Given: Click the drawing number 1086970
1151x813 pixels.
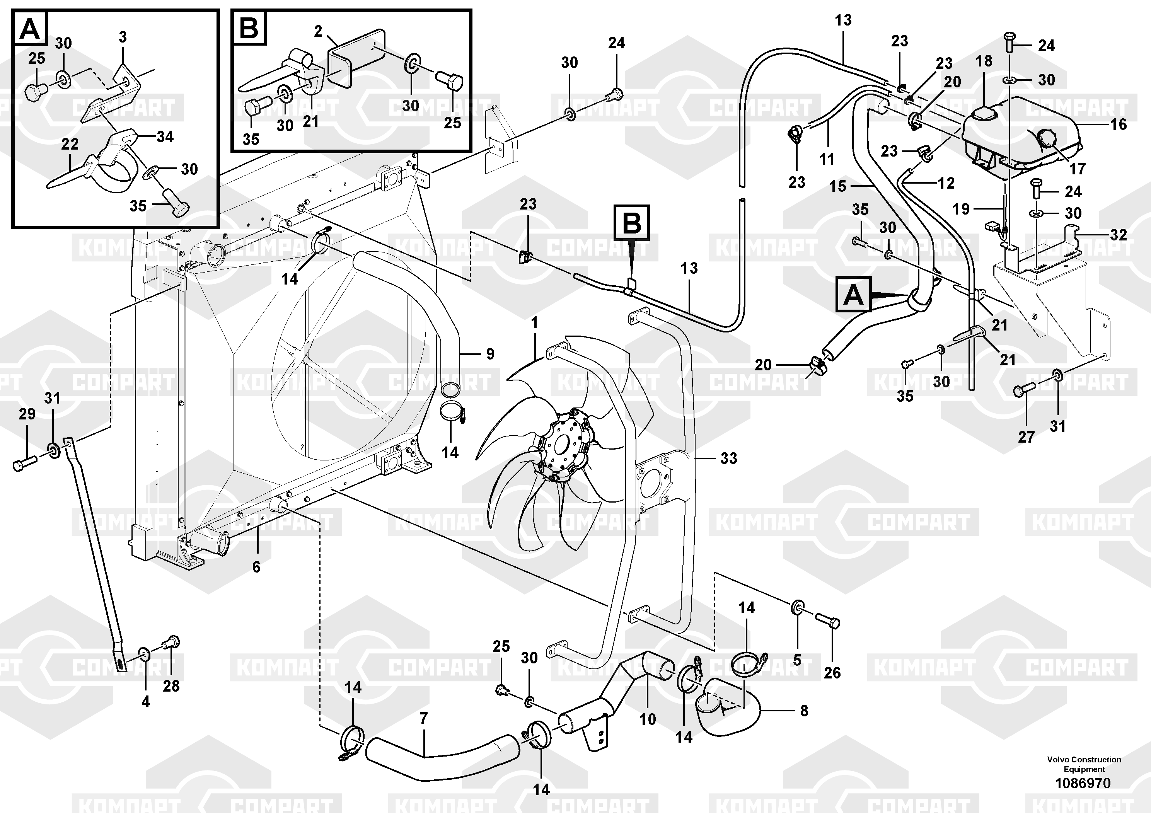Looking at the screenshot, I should pyautogui.click(x=1083, y=783).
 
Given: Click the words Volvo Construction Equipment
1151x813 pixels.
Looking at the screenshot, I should pyautogui.click(x=1084, y=764).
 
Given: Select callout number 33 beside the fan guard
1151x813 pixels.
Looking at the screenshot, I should pyautogui.click(x=728, y=458).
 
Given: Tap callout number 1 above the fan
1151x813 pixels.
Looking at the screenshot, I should pyautogui.click(x=535, y=323).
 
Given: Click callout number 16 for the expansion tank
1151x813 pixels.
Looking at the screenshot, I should pyautogui.click(x=1119, y=124).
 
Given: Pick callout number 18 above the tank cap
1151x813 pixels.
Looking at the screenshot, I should pyautogui.click(x=984, y=61).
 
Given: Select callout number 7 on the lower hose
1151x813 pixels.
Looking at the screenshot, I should pyautogui.click(x=424, y=719).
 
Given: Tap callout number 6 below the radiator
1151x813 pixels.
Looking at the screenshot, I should pyautogui.click(x=256, y=567).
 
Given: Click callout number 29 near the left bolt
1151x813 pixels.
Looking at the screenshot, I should pyautogui.click(x=27, y=414).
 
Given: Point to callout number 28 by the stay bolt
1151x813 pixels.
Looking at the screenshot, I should pyautogui.click(x=171, y=686).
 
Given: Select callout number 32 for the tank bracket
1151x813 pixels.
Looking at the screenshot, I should pyautogui.click(x=1119, y=235).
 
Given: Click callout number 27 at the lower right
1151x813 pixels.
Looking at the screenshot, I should pyautogui.click(x=1026, y=437).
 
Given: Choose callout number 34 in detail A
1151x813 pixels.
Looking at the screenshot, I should pyautogui.click(x=165, y=137).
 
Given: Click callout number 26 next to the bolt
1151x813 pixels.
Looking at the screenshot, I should pyautogui.click(x=832, y=673).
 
